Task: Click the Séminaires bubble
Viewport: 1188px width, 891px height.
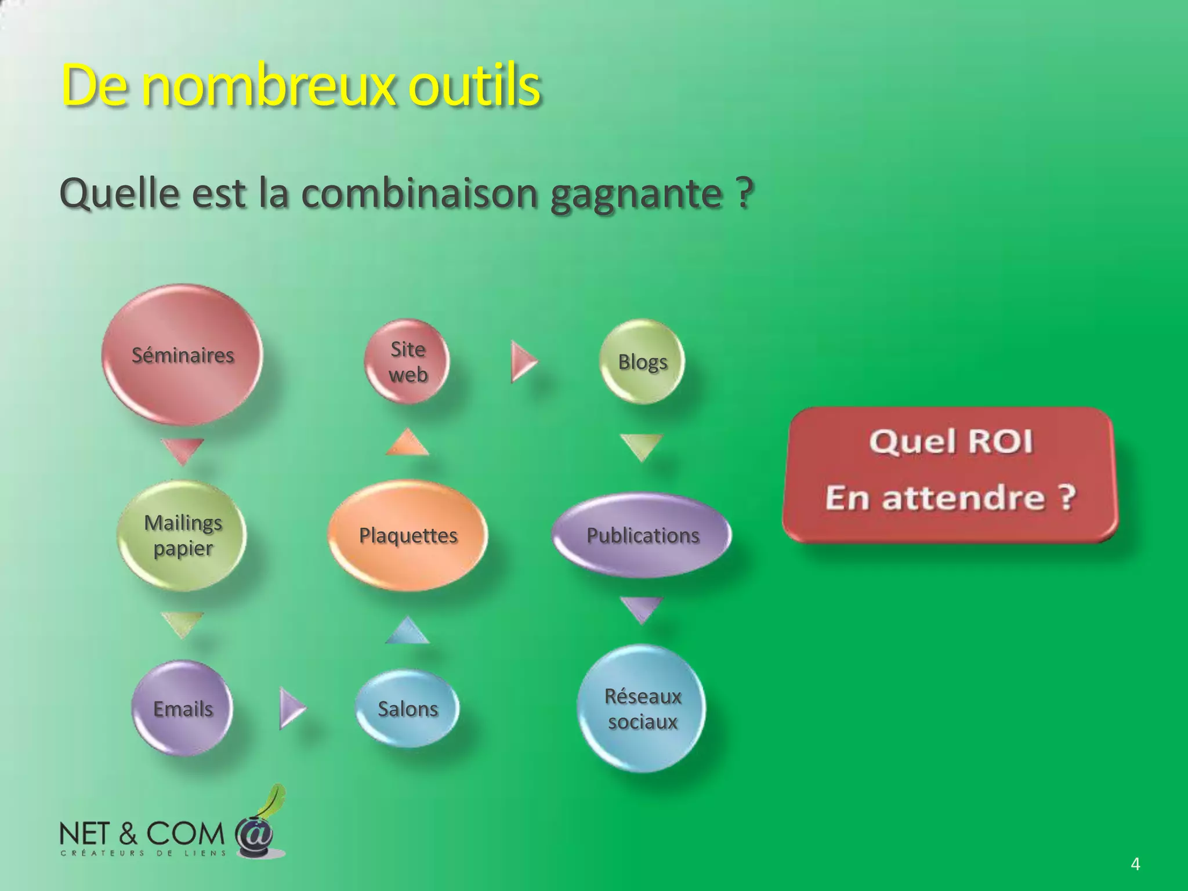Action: pyautogui.click(x=182, y=354)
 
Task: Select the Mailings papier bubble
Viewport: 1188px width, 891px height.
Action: pyautogui.click(x=182, y=535)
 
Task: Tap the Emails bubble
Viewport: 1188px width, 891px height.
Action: pyautogui.click(x=182, y=708)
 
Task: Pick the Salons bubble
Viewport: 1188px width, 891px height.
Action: pyautogui.click(x=407, y=708)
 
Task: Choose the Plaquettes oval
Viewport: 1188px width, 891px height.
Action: pyautogui.click(x=408, y=535)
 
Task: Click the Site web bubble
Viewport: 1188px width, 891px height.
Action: pyautogui.click(x=408, y=361)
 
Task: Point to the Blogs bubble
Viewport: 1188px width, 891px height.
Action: pyautogui.click(x=642, y=361)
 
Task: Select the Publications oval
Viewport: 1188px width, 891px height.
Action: pyautogui.click(x=642, y=535)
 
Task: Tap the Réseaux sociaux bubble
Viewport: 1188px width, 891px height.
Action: pyautogui.click(x=642, y=708)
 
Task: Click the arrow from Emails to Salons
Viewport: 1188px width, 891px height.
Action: pyautogui.click(x=291, y=708)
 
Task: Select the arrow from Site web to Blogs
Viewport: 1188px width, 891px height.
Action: pyautogui.click(x=523, y=361)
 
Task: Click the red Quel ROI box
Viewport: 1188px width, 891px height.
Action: pyautogui.click(x=950, y=475)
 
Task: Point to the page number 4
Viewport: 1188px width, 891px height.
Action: pyautogui.click(x=1135, y=864)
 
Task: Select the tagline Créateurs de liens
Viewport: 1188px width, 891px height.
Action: pyautogui.click(x=143, y=853)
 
